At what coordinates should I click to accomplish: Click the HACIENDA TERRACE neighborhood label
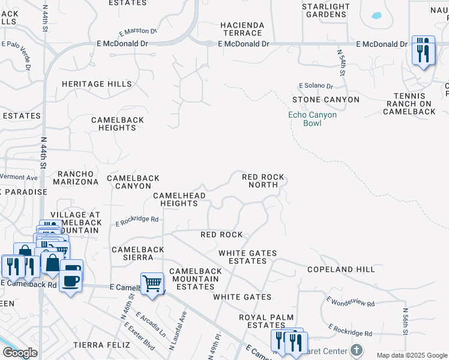coord(242,29)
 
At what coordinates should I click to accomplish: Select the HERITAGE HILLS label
coord(96,85)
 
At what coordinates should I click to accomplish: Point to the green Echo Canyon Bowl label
coord(312,118)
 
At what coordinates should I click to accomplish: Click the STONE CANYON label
coord(325,100)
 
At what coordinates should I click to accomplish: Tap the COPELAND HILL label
coord(340,270)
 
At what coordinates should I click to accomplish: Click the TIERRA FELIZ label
coord(101,345)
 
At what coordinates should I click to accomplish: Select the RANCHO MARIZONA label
coord(76,177)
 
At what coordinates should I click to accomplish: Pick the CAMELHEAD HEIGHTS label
coord(179,200)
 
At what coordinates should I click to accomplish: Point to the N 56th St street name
coord(406,324)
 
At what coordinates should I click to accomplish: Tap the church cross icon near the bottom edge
coord(357,350)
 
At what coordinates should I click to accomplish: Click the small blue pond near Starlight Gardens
coord(376,16)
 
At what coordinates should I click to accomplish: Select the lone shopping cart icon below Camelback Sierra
coord(152,283)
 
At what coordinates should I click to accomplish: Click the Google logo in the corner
coord(20,353)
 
